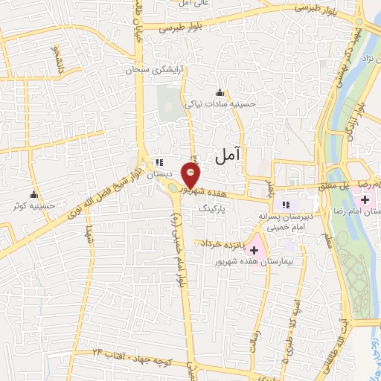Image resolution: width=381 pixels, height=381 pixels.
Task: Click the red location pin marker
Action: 191,176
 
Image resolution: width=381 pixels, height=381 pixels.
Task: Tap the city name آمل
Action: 228,156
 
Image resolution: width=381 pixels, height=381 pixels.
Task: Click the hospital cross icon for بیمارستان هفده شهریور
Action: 254,250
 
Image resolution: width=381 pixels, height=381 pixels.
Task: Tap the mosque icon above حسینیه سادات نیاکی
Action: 220,93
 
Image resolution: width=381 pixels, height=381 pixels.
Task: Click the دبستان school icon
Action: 159,162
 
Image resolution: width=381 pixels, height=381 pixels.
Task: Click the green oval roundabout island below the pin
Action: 176,188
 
